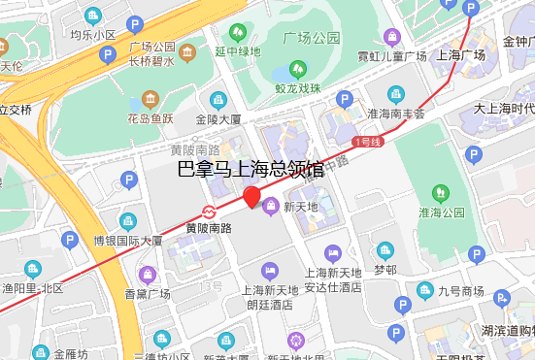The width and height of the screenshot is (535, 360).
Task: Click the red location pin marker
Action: (251, 198)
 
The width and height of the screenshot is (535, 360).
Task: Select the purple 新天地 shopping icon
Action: (271, 205)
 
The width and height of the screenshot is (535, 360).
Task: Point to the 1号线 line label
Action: (367, 143)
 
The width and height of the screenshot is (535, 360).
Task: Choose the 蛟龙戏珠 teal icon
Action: (296, 71)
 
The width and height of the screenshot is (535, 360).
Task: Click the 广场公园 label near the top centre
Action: (311, 38)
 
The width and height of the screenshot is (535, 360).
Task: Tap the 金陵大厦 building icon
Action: (218, 99)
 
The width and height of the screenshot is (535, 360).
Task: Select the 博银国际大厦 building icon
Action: (126, 220)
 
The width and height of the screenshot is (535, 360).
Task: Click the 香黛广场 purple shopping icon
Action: (148, 275)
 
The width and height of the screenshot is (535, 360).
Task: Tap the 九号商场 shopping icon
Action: (425, 290)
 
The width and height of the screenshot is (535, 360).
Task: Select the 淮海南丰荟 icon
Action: (395, 94)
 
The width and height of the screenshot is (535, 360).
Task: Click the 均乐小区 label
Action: (92, 35)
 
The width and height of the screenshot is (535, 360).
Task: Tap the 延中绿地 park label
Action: (237, 51)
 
